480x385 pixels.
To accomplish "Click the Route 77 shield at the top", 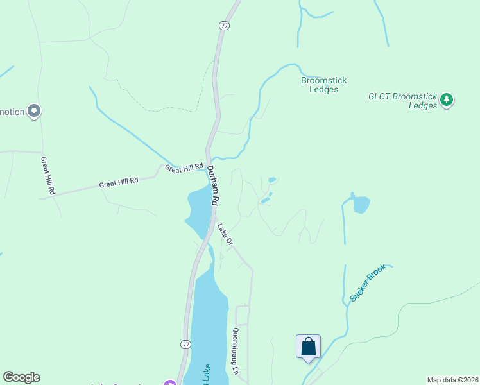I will [x=223, y=26].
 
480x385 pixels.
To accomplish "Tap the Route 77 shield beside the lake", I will [x=185, y=345].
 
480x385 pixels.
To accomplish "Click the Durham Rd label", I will [x=213, y=185].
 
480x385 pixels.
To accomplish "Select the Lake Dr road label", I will [x=224, y=232].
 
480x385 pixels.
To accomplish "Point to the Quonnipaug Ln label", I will [x=236, y=352].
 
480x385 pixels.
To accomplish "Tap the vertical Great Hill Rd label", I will [x=47, y=176].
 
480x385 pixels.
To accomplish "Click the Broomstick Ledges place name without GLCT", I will [x=323, y=85].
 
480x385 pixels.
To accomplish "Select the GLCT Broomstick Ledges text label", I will [x=403, y=101].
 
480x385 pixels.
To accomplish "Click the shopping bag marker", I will [x=308, y=346].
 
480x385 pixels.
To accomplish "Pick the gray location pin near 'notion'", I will [x=35, y=112].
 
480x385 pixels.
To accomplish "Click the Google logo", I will [x=21, y=377].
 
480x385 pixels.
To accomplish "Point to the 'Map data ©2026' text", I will [x=452, y=380].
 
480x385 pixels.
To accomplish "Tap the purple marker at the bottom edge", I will [x=169, y=383].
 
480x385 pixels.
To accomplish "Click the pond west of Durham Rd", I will [x=198, y=212].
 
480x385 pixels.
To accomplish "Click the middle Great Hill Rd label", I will [x=119, y=183].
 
